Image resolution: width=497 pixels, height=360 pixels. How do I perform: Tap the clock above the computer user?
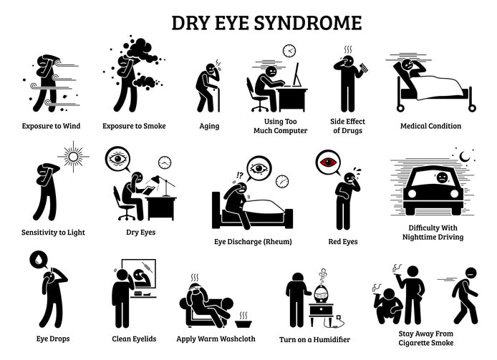289,50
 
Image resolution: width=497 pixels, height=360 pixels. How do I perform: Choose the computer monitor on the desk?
296,75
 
